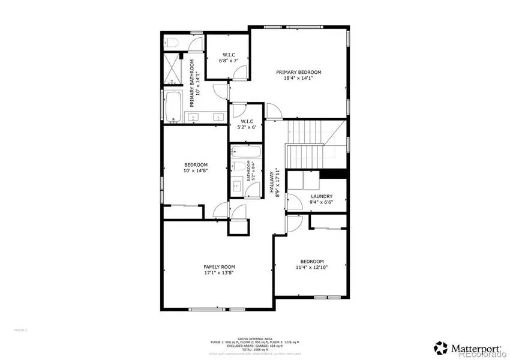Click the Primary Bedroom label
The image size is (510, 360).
295,72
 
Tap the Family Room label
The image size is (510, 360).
219,267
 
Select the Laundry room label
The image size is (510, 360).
322,196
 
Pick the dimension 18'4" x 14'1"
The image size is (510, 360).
295,78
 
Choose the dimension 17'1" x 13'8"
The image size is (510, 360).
219,273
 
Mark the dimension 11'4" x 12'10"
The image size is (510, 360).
312,268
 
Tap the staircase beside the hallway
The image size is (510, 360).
312,144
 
